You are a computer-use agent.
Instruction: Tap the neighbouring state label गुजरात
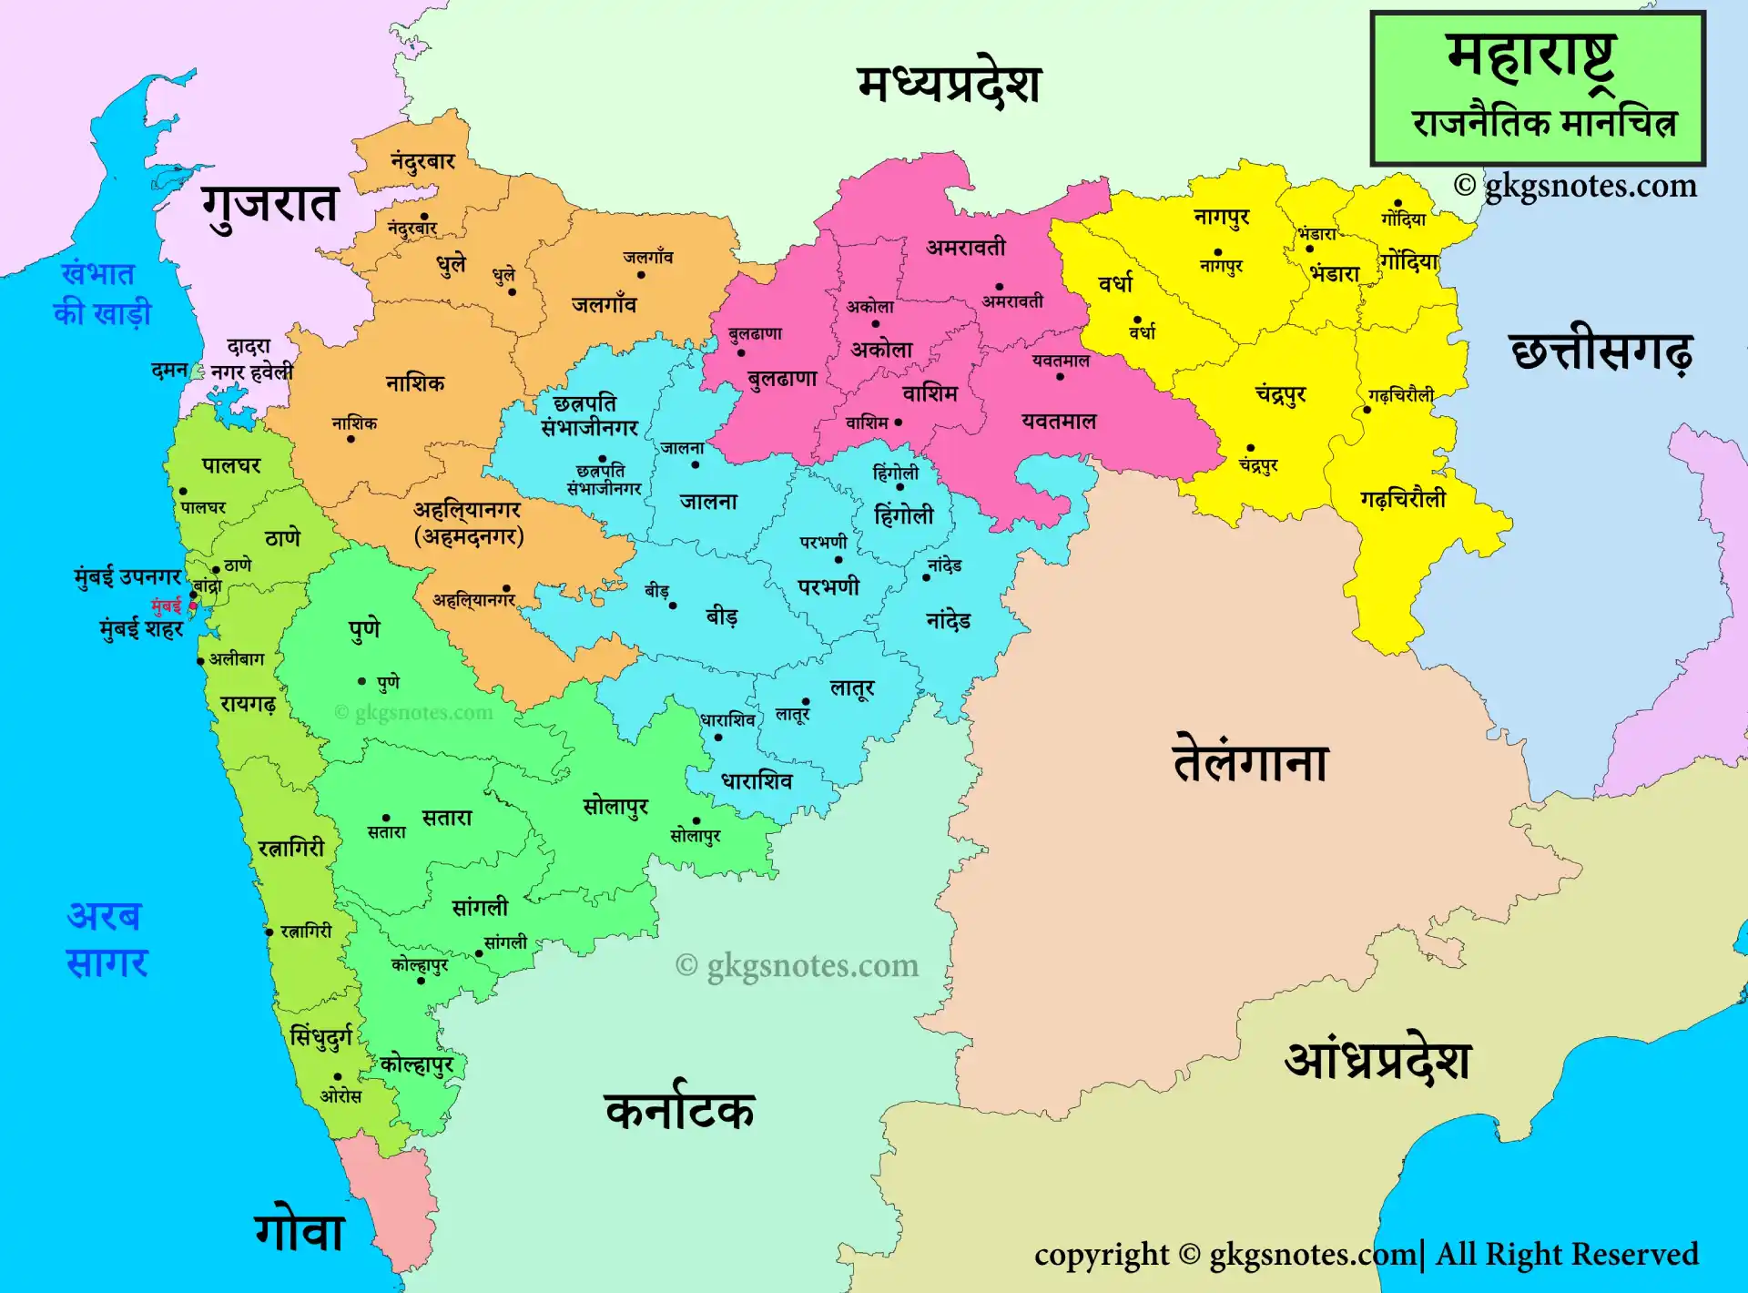(269, 204)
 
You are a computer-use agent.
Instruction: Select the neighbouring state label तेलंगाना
(1251, 761)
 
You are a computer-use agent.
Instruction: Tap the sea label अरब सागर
(107, 939)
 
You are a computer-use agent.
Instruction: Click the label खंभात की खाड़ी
(100, 293)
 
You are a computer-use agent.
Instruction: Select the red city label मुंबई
(166, 605)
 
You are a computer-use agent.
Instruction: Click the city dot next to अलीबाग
(200, 661)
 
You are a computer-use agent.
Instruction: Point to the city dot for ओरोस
(338, 1077)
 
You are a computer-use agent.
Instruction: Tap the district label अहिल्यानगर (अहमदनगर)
(468, 523)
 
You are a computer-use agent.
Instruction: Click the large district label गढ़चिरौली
(1402, 499)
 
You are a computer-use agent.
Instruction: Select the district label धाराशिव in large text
(757, 781)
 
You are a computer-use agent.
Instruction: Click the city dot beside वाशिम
(899, 423)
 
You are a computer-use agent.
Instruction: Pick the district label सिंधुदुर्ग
(320, 1036)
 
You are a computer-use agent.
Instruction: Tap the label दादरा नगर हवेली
(250, 360)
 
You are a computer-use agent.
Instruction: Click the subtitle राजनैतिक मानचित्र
(1544, 123)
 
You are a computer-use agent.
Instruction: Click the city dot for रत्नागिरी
(269, 932)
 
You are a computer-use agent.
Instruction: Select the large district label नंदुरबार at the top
(422, 161)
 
